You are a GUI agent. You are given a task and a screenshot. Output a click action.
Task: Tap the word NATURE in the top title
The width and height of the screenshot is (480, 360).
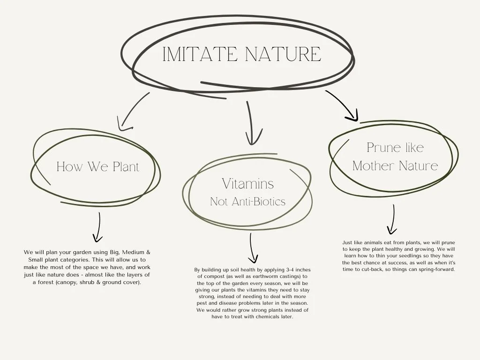coord(283,54)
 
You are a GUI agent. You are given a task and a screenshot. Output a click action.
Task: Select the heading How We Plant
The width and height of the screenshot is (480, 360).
coord(98,166)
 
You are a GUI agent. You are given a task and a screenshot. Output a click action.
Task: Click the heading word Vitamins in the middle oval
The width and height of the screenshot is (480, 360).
coord(248,183)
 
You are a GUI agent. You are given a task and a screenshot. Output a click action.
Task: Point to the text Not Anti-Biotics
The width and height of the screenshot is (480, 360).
coord(247,202)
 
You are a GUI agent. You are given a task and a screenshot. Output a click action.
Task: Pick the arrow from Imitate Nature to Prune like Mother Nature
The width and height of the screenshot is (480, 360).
coord(343,106)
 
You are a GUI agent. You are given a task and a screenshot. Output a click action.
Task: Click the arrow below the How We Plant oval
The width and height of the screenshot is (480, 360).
coord(98,227)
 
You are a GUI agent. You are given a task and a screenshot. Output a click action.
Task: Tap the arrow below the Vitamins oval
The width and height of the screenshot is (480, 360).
coord(253,248)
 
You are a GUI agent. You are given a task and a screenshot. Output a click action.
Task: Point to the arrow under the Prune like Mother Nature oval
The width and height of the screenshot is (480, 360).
coord(392,219)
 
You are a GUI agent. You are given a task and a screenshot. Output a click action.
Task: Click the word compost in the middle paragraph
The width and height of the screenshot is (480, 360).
coord(216,277)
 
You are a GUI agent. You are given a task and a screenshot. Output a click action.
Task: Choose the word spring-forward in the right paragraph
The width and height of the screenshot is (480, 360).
coord(435,270)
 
